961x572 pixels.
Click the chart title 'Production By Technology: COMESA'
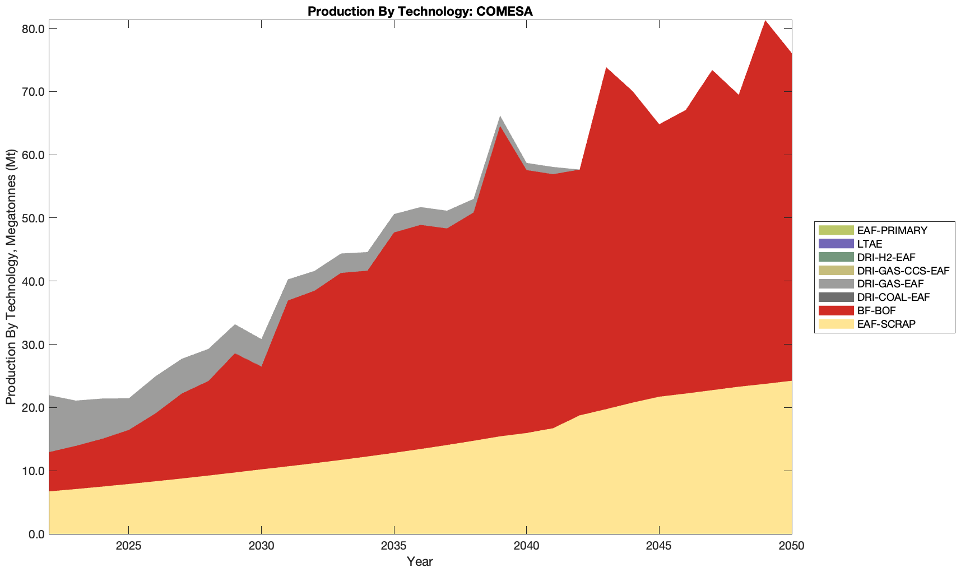click(420, 11)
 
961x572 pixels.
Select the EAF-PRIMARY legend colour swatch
click(835, 230)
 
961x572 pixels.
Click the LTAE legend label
click(870, 244)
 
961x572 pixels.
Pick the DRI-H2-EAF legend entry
click(886, 257)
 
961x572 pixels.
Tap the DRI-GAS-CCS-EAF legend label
click(903, 271)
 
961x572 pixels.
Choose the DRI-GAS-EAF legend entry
click(890, 284)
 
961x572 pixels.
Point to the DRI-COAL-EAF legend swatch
click(835, 297)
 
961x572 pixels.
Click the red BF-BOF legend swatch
click(835, 310)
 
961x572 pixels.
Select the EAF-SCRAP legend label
click(886, 324)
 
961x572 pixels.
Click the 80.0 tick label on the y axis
click(33, 29)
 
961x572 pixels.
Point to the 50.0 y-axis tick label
click(33, 218)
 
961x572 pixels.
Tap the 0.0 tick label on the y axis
click(36, 534)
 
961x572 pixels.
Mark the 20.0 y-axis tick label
click(33, 408)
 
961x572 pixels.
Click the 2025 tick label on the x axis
click(129, 546)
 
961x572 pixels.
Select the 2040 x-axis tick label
click(527, 546)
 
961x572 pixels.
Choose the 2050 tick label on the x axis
click(792, 546)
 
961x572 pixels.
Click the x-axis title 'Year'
click(420, 561)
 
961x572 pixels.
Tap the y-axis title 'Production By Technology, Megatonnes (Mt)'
click(11, 277)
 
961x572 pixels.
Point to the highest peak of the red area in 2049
click(765, 21)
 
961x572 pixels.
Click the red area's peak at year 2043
click(606, 68)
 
